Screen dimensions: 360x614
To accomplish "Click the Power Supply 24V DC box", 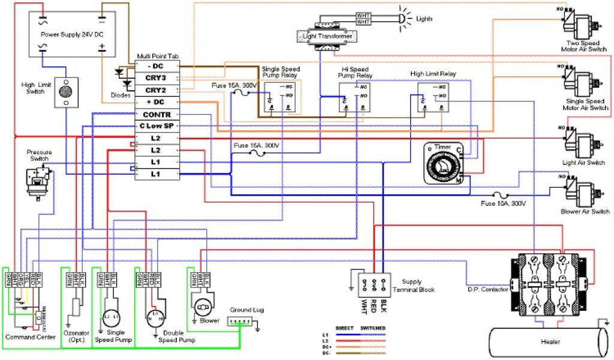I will pyautogui.click(x=73, y=35).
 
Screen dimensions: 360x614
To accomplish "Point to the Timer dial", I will pyautogui.click(x=443, y=162).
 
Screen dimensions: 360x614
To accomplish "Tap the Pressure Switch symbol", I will pyautogui.click(x=40, y=179).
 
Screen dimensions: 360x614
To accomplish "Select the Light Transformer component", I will pyautogui.click(x=324, y=36).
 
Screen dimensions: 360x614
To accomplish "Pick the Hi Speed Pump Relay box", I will pyautogui.click(x=354, y=96).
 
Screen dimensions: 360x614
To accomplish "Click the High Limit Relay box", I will pyautogui.click(x=433, y=96).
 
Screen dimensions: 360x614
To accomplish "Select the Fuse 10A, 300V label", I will pyautogui.click(x=503, y=204).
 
